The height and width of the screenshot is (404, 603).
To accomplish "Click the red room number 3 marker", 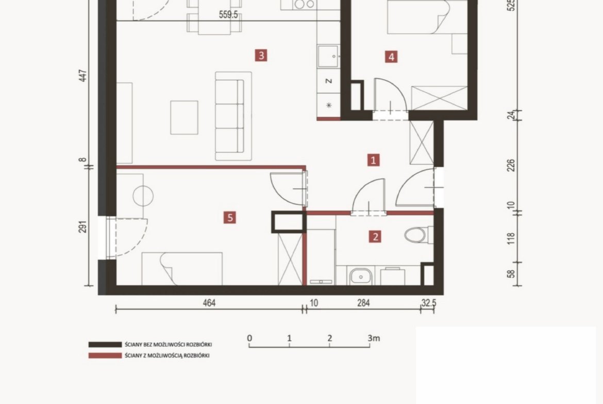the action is point(261,55).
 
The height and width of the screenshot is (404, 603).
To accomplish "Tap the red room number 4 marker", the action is point(391,57).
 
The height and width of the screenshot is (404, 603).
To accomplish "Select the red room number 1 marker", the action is point(373,160).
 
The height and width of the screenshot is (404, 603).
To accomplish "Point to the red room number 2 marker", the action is point(375,237).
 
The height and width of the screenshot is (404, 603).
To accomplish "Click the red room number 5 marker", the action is point(230,217).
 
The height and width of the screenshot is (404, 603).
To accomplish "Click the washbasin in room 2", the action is point(361,276).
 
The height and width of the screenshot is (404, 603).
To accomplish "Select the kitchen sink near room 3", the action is point(328,56).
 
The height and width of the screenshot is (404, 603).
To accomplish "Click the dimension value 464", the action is point(209,303).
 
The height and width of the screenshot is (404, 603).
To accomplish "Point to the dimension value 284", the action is point(363,303).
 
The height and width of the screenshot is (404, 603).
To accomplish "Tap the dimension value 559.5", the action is point(228,14).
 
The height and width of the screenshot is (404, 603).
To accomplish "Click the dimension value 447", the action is point(82,76).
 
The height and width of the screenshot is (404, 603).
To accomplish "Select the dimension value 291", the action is point(82,226).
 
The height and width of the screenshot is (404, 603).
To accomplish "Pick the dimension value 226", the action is point(511,166).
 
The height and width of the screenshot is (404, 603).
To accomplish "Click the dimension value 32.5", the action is point(429,303).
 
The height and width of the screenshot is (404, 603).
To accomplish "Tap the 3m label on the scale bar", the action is point(374,338).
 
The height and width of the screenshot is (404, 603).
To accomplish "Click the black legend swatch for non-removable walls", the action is point(105,344).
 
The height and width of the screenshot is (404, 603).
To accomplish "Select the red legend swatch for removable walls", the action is point(105,356).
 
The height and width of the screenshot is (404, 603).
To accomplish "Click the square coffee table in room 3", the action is point(184,117).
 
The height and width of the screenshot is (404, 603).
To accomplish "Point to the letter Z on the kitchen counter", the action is point(329,81).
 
